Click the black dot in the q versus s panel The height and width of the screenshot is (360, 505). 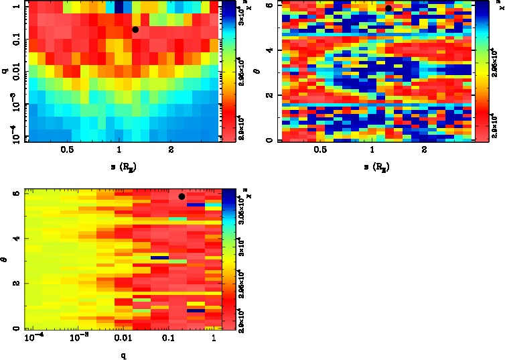pyautogui.click(x=135, y=29)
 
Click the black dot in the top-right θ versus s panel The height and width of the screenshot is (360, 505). pyautogui.click(x=388, y=8)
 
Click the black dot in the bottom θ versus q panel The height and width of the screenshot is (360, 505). pyautogui.click(x=182, y=196)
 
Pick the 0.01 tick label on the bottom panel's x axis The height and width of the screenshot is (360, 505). pyautogui.click(x=121, y=339)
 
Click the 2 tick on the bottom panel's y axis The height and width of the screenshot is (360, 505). pyautogui.click(x=17, y=284)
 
